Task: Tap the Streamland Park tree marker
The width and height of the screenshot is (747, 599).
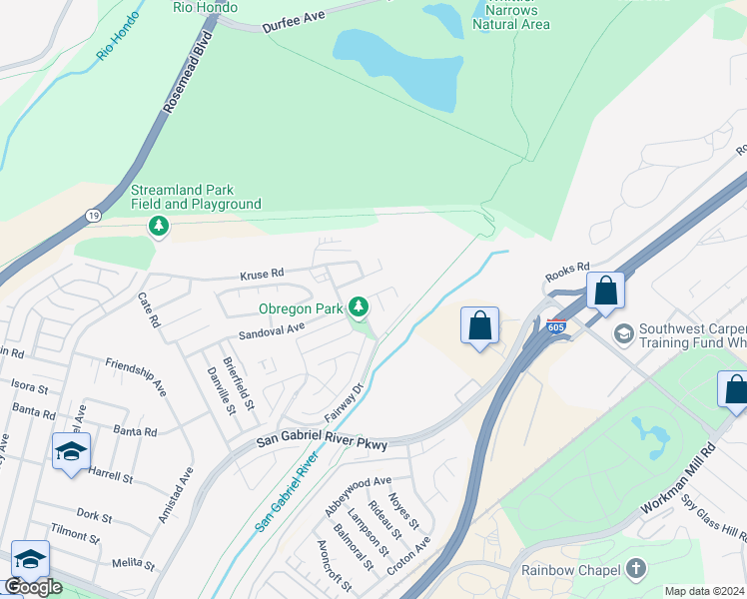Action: [x=158, y=227]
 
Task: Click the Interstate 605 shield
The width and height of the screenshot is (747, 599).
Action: [x=556, y=325]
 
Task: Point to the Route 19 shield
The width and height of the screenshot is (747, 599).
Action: [x=93, y=216]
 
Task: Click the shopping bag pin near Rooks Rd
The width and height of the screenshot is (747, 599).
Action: [x=605, y=292]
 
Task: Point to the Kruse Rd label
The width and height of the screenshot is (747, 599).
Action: [x=262, y=273]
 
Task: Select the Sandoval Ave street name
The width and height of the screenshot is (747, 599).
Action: [x=271, y=328]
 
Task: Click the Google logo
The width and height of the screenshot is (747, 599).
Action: [x=33, y=587]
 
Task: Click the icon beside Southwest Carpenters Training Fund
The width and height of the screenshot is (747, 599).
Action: [x=624, y=332]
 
